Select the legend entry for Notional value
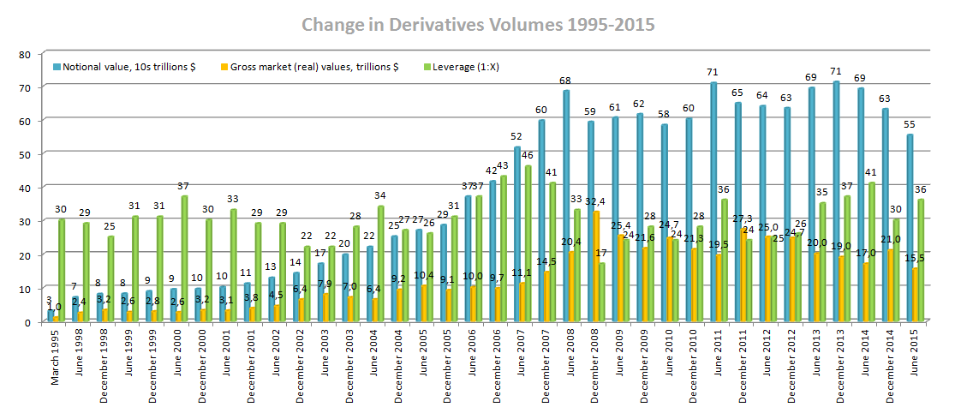click(x=124, y=66)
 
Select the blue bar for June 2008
click(x=566, y=206)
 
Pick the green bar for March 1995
click(x=62, y=271)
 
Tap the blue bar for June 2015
click(x=910, y=228)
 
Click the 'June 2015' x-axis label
click(x=914, y=352)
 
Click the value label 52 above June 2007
click(x=516, y=137)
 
